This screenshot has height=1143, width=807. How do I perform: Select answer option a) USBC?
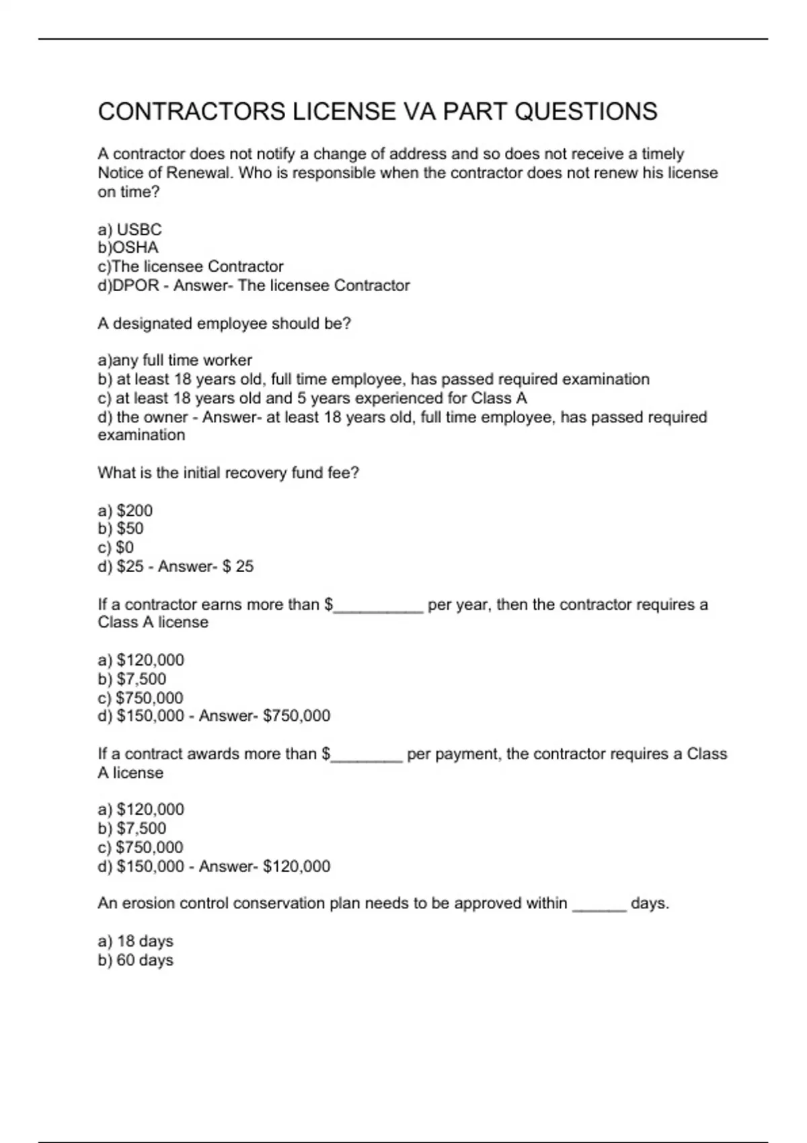130,229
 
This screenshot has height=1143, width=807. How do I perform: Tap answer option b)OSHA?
128,247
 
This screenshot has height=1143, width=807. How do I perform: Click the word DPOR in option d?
135,286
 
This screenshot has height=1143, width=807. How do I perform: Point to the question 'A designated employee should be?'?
224,323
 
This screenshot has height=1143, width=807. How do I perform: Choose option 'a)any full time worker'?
175,360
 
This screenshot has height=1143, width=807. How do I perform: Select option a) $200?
125,510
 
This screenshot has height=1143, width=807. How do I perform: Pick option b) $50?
120,528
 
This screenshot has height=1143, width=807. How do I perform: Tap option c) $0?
116,547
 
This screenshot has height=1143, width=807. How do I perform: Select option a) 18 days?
135,941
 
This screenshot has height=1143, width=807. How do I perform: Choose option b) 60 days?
135,960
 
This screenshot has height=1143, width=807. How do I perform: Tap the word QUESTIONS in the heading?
586,111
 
